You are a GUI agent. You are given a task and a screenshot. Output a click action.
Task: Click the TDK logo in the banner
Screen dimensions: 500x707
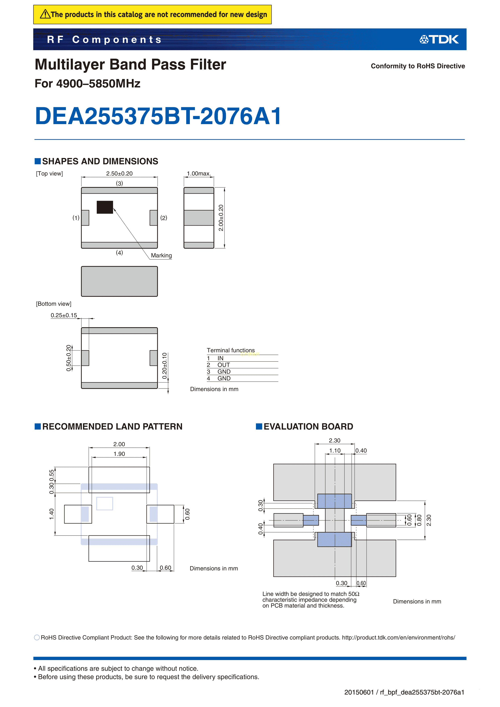click(x=439, y=39)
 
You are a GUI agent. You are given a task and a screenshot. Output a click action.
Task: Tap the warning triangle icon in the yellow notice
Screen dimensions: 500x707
click(x=45, y=14)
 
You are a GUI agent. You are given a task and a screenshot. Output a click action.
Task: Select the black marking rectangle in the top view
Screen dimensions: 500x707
click(x=105, y=207)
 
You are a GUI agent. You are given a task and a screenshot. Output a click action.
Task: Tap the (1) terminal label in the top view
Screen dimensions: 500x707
click(x=76, y=218)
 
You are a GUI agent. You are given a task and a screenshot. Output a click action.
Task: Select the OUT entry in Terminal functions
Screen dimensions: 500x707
click(x=224, y=365)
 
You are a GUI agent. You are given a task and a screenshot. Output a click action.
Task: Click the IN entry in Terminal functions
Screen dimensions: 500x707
click(x=220, y=358)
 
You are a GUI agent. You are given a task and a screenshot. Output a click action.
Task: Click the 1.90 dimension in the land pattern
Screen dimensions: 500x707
click(x=119, y=454)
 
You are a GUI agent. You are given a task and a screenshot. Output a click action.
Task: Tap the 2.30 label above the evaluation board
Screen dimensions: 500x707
click(x=335, y=440)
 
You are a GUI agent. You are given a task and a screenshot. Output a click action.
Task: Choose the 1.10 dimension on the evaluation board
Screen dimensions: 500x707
click(x=335, y=451)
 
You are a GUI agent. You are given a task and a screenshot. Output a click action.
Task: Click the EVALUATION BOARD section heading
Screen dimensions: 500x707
click(x=308, y=427)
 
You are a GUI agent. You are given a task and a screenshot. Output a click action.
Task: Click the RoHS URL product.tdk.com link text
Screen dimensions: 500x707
click(x=399, y=637)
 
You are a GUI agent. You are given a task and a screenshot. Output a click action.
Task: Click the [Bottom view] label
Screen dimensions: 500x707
click(x=54, y=304)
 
